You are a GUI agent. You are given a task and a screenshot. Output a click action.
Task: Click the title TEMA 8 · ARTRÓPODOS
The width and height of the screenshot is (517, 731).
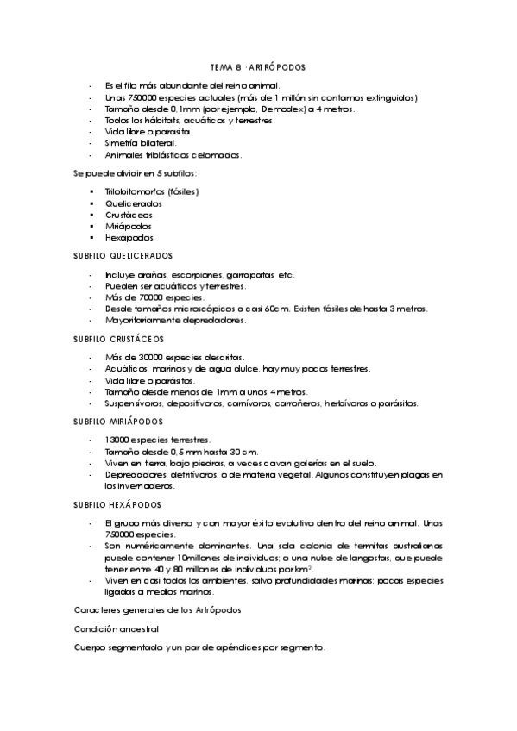pyautogui.click(x=258, y=66)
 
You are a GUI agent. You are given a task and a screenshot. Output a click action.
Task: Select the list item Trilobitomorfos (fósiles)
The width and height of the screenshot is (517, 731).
pyautogui.click(x=152, y=191)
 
